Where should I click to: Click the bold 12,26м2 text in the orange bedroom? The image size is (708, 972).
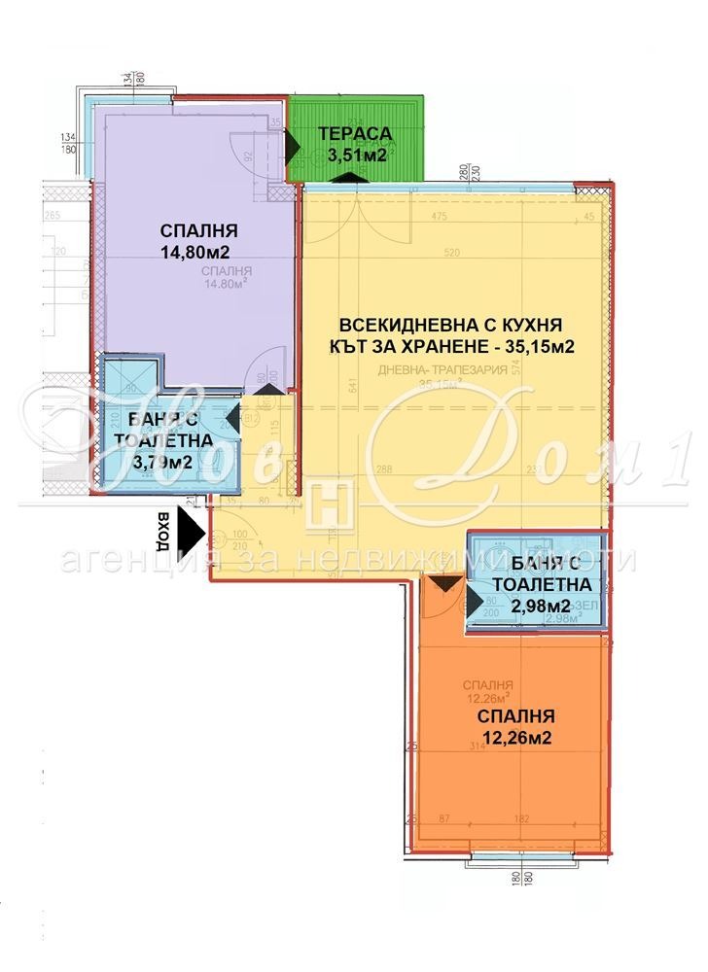[x=514, y=738]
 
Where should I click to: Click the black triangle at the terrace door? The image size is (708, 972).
[x=293, y=148]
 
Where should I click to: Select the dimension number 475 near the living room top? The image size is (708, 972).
[x=439, y=217]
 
